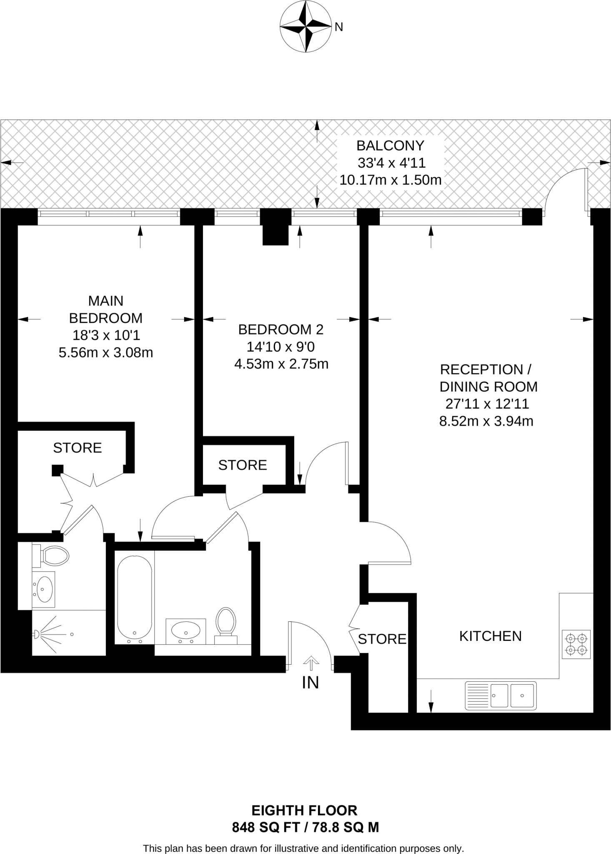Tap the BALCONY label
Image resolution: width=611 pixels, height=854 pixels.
(x=390, y=146)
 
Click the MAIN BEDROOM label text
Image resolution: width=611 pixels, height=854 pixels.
(x=105, y=309)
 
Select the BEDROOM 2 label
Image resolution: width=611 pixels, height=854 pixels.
(x=280, y=329)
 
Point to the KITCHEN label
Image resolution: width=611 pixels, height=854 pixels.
(x=490, y=635)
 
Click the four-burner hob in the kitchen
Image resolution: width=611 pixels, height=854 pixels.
(x=576, y=644)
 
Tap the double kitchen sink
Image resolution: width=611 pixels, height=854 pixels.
(x=501, y=695)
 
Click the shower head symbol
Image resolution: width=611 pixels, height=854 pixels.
(x=37, y=634)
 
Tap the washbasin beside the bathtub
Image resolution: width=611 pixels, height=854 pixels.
(x=185, y=630)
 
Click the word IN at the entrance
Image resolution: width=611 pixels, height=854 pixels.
(x=310, y=683)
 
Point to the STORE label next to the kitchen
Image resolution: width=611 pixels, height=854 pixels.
(x=382, y=639)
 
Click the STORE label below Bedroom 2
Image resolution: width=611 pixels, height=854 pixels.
(x=243, y=465)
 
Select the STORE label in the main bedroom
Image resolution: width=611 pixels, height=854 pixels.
(x=78, y=447)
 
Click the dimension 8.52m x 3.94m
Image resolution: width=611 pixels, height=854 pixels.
(x=486, y=421)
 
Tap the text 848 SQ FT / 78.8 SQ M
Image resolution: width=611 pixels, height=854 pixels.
(x=305, y=827)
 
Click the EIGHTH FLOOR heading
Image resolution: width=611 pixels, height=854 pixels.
(x=304, y=810)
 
